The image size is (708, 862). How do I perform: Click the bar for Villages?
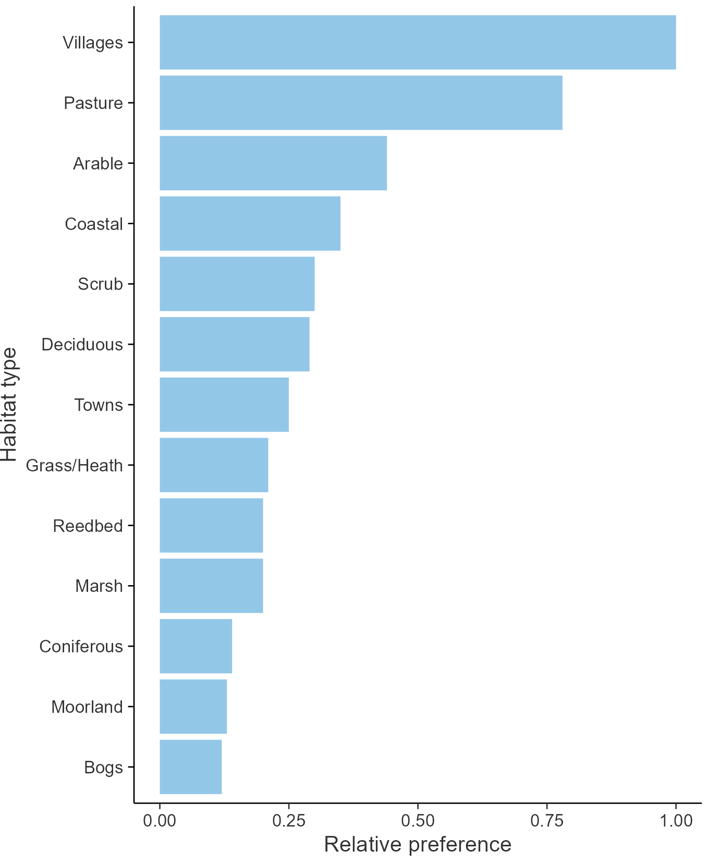click(417, 42)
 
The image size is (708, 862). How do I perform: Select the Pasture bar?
click(361, 103)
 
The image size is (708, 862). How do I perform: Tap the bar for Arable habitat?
click(273, 163)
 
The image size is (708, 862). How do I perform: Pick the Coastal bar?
click(250, 224)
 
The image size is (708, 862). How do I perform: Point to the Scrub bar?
click(237, 284)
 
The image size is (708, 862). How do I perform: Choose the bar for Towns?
click(224, 405)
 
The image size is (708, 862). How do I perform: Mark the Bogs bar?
click(190, 767)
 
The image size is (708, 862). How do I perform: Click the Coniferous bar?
click(196, 646)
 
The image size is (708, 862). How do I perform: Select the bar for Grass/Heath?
click(214, 465)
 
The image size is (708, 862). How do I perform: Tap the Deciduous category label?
click(82, 345)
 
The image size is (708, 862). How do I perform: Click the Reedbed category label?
click(88, 526)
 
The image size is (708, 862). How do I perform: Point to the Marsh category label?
click(99, 586)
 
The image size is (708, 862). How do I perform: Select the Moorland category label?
click(87, 707)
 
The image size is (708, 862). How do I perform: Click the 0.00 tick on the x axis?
click(160, 820)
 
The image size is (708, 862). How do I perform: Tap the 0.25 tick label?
click(288, 820)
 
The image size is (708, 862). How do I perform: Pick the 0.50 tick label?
click(418, 820)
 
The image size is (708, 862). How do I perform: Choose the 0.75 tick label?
click(547, 820)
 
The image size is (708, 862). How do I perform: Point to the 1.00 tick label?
click(676, 820)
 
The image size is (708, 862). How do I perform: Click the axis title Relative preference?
click(418, 844)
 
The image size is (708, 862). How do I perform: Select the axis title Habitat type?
click(9, 405)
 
